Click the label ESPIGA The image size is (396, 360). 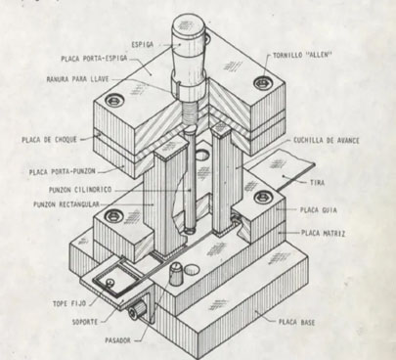pos(142,44)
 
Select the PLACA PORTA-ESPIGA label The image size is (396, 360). pos(94,59)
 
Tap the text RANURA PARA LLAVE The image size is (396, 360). pos(77,79)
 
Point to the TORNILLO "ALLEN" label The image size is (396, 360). pos(302,56)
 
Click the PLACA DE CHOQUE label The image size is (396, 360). pos(49,140)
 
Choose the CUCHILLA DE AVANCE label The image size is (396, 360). pos(327,141)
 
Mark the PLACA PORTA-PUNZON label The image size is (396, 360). pos(63,171)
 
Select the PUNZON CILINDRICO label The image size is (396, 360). pos(80,190)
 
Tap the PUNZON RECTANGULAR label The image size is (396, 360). pos(66,204)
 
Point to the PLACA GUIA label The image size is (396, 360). pos(319,209)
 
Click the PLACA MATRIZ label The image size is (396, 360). pos(323,233)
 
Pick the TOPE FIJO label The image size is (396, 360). pos(69,303)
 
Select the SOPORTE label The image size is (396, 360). pos(85,322)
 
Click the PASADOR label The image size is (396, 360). pos(117,340)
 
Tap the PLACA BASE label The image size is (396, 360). pos(296,323)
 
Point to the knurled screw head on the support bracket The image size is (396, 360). pos(136,310)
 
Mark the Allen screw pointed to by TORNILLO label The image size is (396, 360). pos(262,82)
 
